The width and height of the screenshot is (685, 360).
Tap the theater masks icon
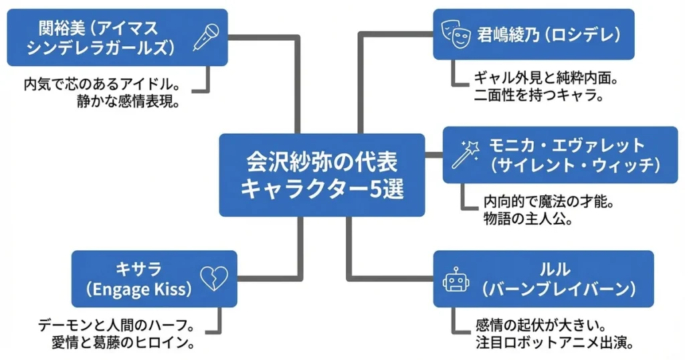point(454,33)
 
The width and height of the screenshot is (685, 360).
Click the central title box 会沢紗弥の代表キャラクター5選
point(322,175)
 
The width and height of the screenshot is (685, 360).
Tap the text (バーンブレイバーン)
point(557,289)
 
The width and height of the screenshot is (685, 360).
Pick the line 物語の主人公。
point(528,219)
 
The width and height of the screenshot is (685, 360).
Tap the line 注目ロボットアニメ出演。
point(554,343)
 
